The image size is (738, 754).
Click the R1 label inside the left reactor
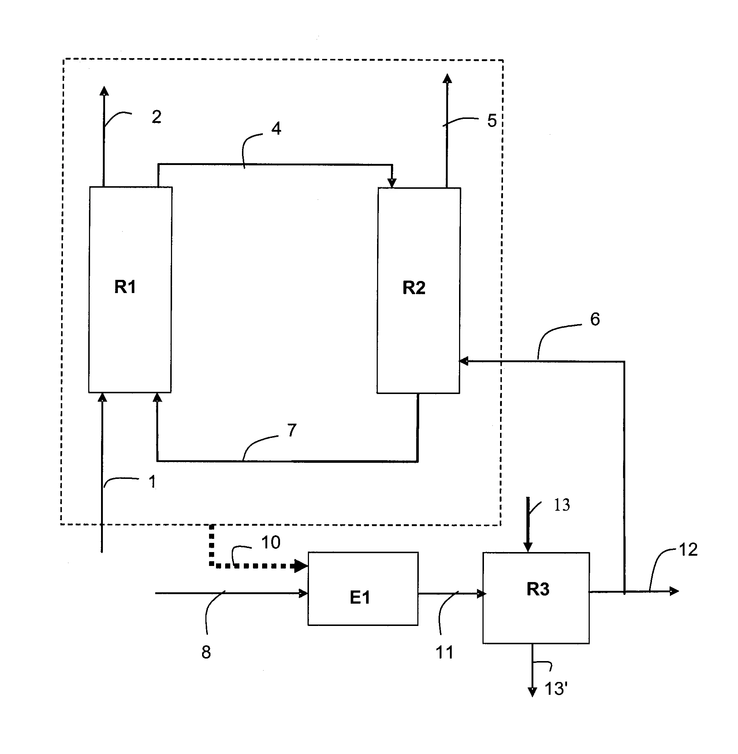[125, 287]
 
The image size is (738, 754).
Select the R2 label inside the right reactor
[414, 288]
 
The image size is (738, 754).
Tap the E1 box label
[360, 597]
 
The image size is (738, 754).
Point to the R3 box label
[538, 589]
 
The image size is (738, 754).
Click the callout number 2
[156, 117]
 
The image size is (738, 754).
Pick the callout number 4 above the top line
[276, 128]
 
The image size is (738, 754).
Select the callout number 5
[492, 121]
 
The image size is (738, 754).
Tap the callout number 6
[594, 319]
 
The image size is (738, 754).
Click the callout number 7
[291, 430]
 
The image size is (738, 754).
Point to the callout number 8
[206, 653]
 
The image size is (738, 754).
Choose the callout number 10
[271, 543]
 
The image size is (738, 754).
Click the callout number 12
[688, 550]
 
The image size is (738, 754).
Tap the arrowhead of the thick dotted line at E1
[301, 566]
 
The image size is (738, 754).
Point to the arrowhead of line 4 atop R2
[392, 183]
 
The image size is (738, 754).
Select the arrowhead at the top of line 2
[104, 91]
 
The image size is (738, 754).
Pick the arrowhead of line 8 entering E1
[303, 593]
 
